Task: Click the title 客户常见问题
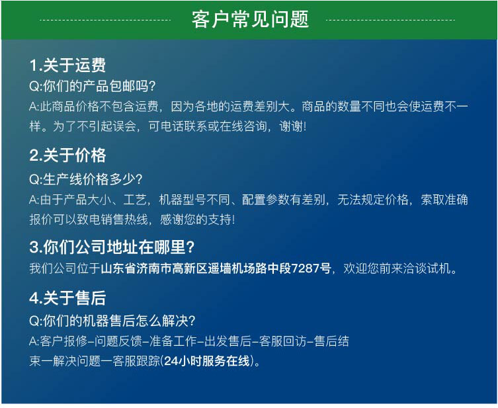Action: (x=250, y=20)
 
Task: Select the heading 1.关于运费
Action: (x=67, y=65)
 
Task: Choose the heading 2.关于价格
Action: (x=67, y=156)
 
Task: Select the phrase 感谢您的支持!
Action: (x=202, y=219)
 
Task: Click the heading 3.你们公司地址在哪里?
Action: (x=112, y=247)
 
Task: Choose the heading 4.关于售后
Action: (x=67, y=299)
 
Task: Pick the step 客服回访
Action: (x=280, y=342)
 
